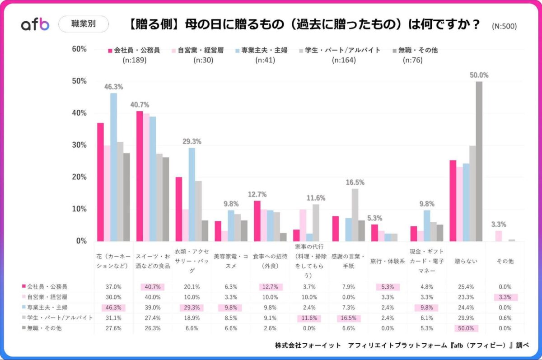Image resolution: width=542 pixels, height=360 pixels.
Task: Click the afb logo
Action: click(35, 25)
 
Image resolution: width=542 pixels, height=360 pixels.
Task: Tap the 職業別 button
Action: click(84, 24)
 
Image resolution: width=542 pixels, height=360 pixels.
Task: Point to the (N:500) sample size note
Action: click(504, 26)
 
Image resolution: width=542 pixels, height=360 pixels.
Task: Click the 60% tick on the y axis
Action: click(79, 49)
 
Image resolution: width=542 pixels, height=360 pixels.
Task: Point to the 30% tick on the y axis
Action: click(79, 145)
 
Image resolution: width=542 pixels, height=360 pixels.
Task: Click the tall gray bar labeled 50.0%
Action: click(479, 161)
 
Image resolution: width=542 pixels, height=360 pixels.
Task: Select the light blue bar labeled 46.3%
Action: click(113, 167)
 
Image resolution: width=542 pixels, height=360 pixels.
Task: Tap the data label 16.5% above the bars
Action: click(355, 182)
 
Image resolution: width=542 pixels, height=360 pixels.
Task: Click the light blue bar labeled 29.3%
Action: click(192, 194)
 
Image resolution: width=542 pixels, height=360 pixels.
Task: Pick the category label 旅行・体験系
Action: click(388, 261)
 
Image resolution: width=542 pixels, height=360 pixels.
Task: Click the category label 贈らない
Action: click(466, 261)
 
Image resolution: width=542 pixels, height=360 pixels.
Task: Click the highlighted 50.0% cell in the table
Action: click(466, 328)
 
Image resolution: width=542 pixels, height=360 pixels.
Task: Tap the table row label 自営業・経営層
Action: click(48, 297)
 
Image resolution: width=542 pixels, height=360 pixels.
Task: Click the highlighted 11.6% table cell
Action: click(309, 318)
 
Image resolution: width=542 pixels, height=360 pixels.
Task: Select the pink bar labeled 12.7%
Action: click(257, 221)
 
